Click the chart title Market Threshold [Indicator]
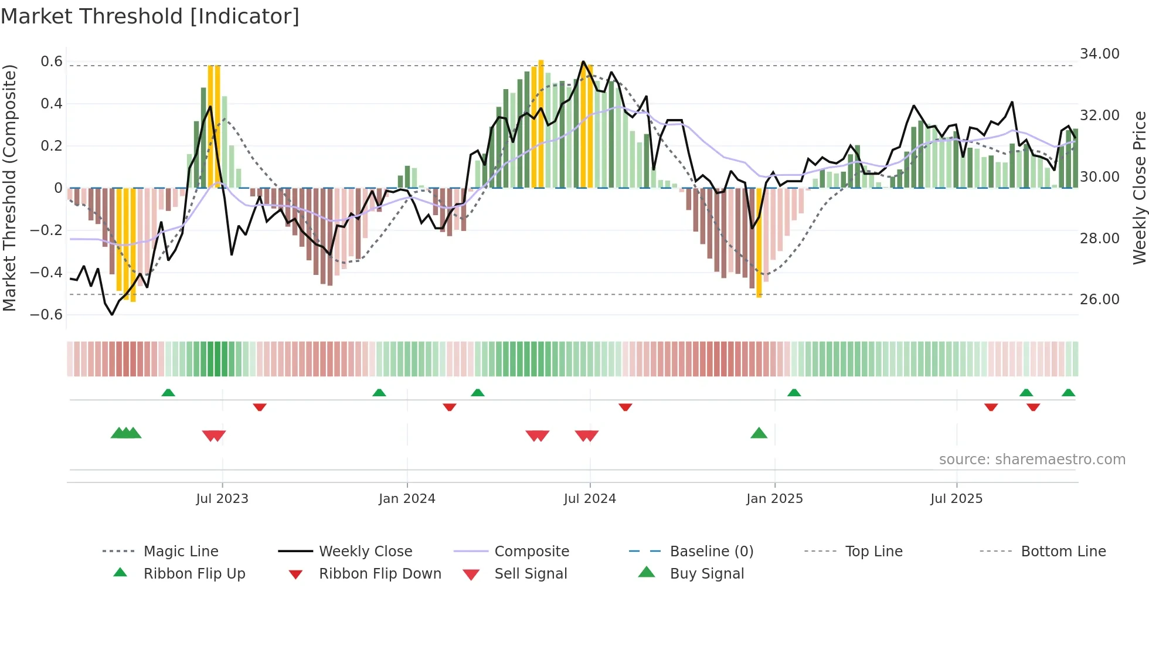(150, 16)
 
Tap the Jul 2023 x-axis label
(222, 499)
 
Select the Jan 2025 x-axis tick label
(774, 499)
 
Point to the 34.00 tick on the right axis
(1099, 54)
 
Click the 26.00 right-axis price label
(1099, 300)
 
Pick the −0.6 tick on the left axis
(46, 315)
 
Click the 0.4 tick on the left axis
(51, 104)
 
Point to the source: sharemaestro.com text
(1032, 460)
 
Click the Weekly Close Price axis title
(1139, 188)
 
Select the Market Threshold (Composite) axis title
(9, 188)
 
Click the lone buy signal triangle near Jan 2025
(759, 434)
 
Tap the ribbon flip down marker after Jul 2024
(625, 407)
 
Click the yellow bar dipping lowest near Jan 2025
(759, 246)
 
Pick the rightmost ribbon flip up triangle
(1068, 393)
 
